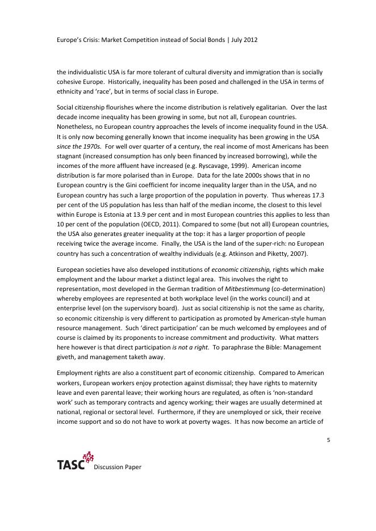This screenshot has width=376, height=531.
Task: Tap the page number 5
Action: click(328, 439)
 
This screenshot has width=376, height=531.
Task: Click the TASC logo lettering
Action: click(70, 465)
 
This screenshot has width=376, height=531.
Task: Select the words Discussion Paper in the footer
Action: click(117, 467)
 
